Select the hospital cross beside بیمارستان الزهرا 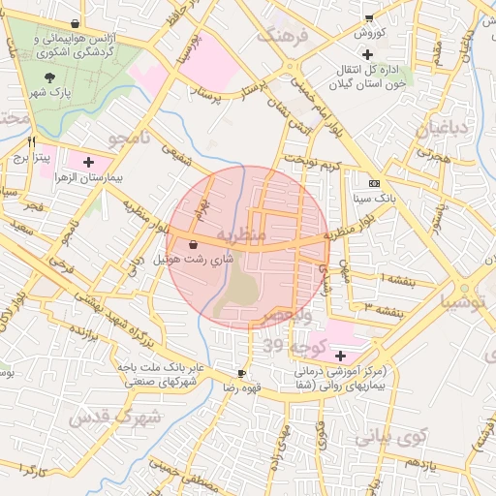click(x=89, y=162)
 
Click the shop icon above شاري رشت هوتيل click(x=193, y=245)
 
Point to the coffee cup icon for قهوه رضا click(x=241, y=373)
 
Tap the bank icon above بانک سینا click(x=374, y=183)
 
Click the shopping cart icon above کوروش click(x=368, y=18)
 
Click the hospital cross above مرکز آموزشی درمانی click(x=338, y=356)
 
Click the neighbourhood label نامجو click(x=131, y=139)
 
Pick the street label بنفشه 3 click(x=381, y=307)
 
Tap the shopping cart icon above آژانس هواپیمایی click(x=75, y=22)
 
